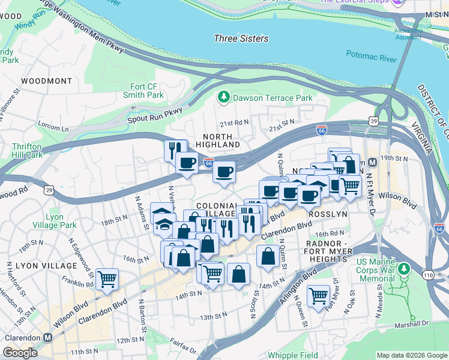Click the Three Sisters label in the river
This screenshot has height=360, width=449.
(241, 38)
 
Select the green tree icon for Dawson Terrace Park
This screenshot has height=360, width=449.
(224, 97)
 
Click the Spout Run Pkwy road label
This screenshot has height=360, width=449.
(154, 115)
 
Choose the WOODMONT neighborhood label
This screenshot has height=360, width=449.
(46, 80)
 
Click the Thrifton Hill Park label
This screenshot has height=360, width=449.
(27, 151)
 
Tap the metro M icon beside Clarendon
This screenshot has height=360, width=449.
(47, 337)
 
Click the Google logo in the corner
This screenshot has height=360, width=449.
(20, 353)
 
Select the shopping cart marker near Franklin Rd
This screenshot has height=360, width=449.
(107, 278)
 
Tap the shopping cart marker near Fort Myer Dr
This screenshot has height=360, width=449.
(318, 295)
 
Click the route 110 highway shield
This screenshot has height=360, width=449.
(429, 274)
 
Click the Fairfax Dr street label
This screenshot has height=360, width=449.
(181, 346)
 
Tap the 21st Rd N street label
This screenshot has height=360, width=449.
(234, 122)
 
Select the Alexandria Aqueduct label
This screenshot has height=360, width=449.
(408, 34)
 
